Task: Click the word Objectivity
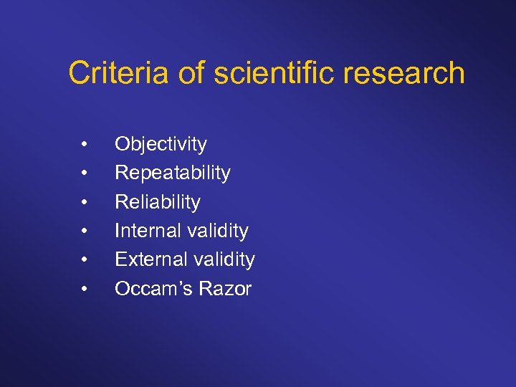(x=161, y=144)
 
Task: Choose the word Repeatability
(x=173, y=173)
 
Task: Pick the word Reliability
(x=158, y=202)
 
